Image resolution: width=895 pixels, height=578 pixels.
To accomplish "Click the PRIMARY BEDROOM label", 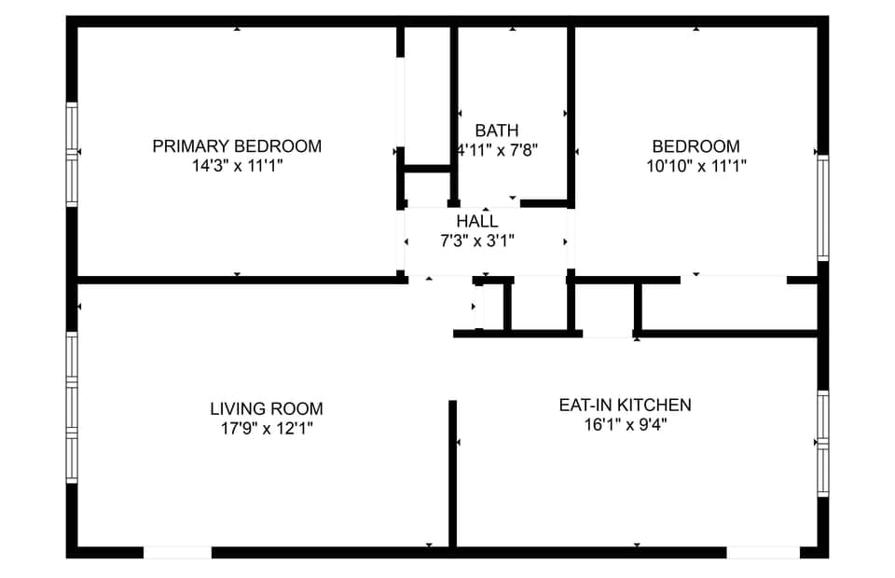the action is click(x=237, y=146).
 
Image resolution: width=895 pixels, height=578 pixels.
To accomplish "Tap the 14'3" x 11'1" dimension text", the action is click(x=238, y=166).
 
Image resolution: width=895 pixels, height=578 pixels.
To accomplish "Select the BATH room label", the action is click(x=497, y=131).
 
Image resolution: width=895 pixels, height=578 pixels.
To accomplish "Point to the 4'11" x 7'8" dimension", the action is click(x=498, y=150).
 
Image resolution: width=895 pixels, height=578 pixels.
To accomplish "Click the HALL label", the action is click(x=477, y=221).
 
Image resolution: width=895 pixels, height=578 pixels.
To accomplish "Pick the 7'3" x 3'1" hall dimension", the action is click(x=477, y=241).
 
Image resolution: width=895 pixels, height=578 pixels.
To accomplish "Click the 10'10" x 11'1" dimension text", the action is click(x=696, y=166).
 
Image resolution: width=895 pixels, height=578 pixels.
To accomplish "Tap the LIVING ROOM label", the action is click(x=267, y=408).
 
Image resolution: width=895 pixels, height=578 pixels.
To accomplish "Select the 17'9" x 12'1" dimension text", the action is click(x=267, y=428).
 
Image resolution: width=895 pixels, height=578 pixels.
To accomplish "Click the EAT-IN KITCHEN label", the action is click(x=625, y=406).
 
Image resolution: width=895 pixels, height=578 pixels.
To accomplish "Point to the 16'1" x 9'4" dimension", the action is click(x=626, y=425).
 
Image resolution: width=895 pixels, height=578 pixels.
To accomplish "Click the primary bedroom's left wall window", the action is click(x=72, y=154).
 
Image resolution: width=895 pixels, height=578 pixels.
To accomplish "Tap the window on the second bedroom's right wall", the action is click(x=822, y=208).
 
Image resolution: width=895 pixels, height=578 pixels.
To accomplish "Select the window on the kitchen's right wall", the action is click(x=822, y=444).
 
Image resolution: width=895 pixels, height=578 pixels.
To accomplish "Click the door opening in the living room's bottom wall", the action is click(x=177, y=552).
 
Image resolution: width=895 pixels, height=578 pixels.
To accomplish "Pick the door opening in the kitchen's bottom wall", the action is click(x=764, y=552).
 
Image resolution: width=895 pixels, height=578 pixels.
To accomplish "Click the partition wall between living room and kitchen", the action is click(x=453, y=474).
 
